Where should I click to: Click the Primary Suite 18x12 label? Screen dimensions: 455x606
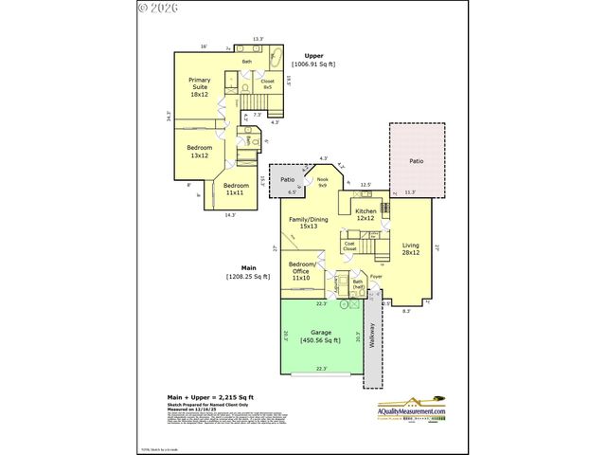point(199,87)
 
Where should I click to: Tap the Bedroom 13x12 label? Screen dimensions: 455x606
point(199,152)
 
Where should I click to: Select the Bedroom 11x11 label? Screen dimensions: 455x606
point(236,189)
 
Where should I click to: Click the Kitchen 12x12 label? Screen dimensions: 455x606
point(365,214)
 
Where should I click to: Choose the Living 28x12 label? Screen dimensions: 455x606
point(410,248)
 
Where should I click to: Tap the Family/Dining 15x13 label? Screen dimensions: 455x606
point(307,223)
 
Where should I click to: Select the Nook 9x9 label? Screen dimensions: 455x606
point(323,183)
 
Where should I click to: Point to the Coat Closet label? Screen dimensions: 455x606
point(349,246)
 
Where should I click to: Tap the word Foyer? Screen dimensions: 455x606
point(376,277)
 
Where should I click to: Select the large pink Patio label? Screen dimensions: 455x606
point(416,161)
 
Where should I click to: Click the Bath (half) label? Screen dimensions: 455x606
point(358,283)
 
